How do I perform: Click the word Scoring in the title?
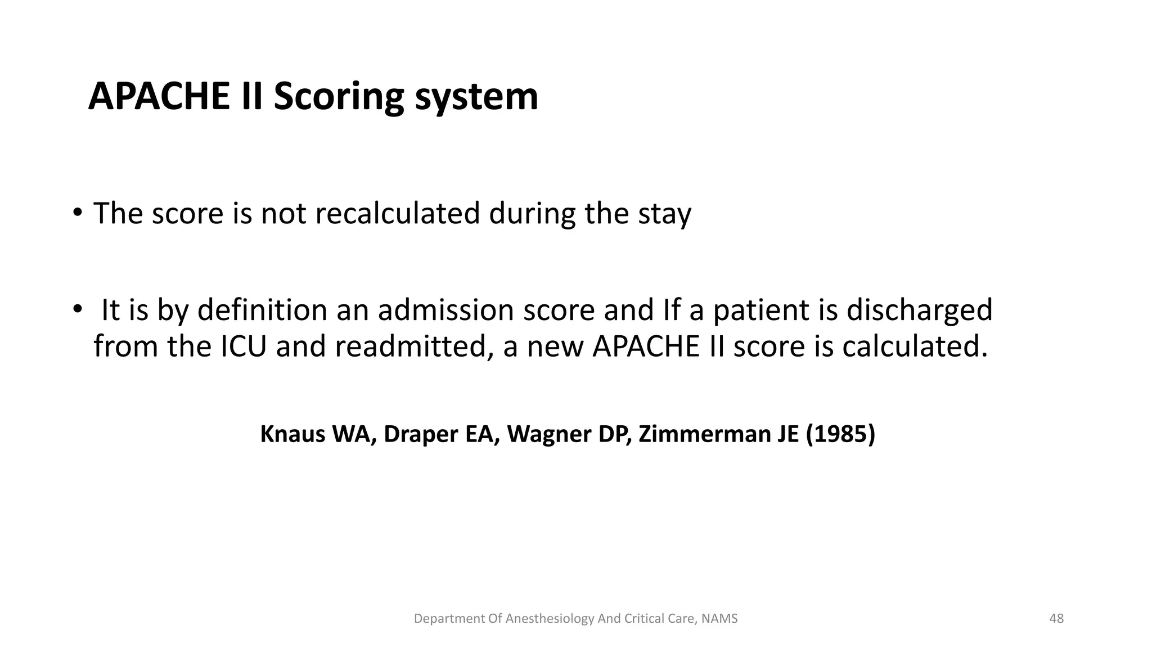[339, 97]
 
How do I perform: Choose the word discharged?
[919, 310]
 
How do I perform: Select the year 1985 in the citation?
[840, 434]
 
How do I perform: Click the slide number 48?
[1056, 619]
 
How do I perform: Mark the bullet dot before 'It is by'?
[77, 309]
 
